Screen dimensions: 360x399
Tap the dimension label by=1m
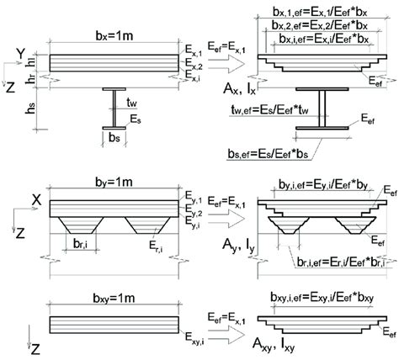(x=109, y=183)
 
